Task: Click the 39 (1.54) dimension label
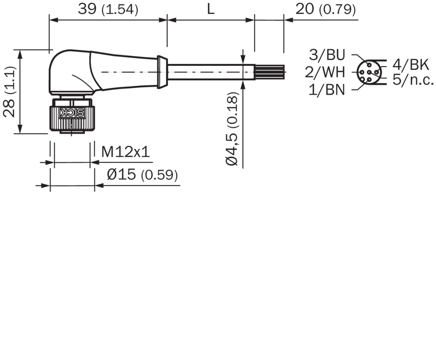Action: pos(108,9)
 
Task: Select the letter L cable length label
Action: pos(211,9)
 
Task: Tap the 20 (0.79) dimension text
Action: pos(325,9)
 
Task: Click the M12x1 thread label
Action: pos(125,152)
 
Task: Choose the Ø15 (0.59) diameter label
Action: pos(142,175)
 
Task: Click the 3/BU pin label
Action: pos(327,55)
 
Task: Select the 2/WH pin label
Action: pos(325,72)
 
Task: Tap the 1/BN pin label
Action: pos(327,90)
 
